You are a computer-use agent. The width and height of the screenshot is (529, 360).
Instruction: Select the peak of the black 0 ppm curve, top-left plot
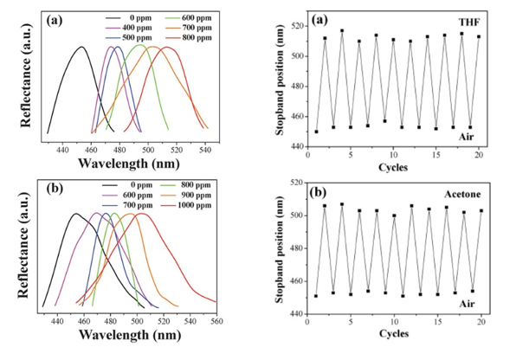coord(81,47)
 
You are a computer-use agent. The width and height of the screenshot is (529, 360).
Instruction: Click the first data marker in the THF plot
coord(317,132)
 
